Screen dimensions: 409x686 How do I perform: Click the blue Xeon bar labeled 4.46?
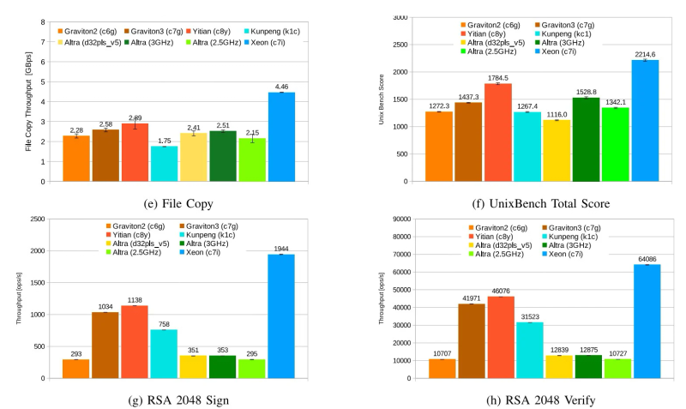(281, 137)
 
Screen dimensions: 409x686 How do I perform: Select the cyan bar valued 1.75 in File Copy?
(164, 164)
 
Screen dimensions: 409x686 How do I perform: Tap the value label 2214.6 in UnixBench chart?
(646, 53)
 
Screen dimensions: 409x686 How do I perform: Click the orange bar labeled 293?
(76, 369)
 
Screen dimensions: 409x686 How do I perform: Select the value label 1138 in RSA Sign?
(135, 300)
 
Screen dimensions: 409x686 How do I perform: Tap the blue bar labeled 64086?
(647, 321)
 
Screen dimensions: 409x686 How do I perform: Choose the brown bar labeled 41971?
(472, 340)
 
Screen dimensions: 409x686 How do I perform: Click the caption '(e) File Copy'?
(177, 204)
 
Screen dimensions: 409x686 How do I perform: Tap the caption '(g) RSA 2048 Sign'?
(178, 400)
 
